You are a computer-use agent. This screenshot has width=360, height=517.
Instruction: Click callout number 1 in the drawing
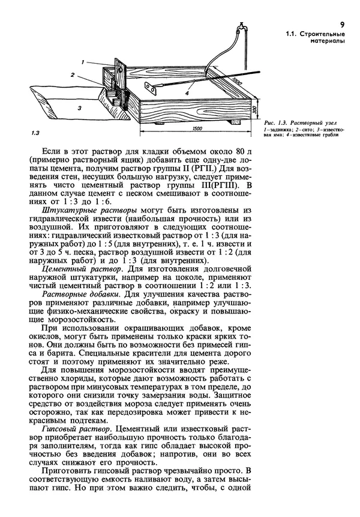coord(85,62)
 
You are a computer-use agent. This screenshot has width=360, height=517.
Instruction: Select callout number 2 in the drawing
coord(72,75)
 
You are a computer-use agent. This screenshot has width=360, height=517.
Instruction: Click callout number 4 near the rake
coord(187,94)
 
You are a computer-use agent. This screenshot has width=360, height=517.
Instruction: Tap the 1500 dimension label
coord(193,128)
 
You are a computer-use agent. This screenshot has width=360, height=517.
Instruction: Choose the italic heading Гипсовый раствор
coord(77,431)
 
